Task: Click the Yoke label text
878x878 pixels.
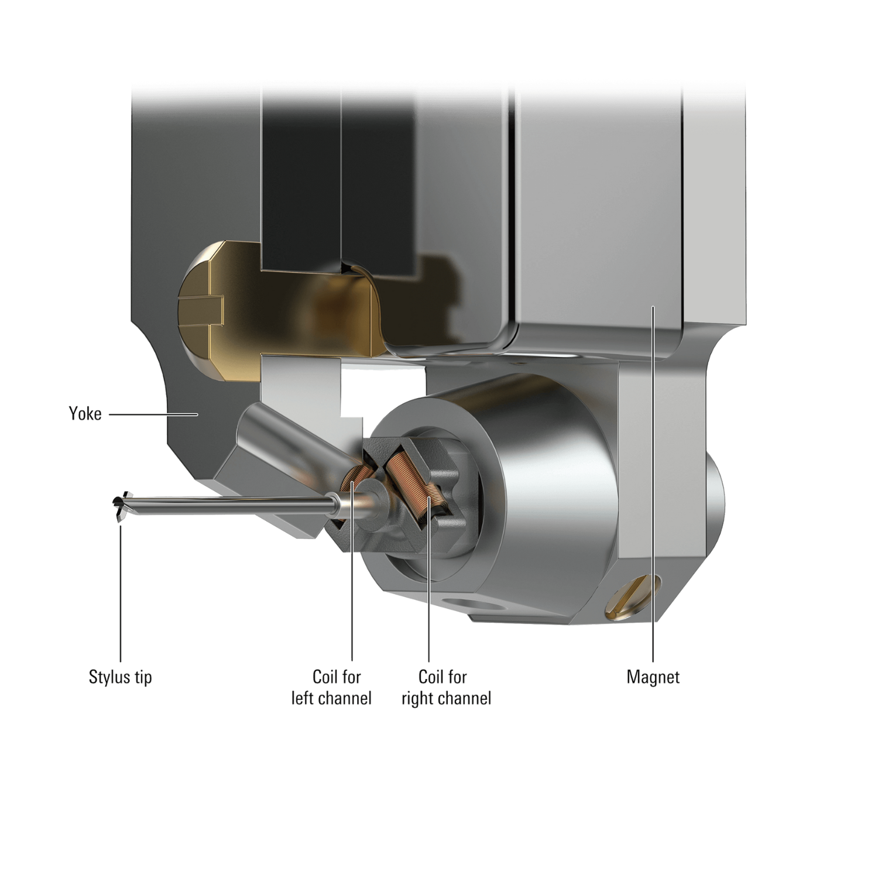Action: pyautogui.click(x=85, y=414)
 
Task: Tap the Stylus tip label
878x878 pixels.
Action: pyautogui.click(x=120, y=677)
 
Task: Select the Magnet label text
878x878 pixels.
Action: pyautogui.click(x=653, y=677)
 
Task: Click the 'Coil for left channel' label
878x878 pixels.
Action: pyautogui.click(x=332, y=687)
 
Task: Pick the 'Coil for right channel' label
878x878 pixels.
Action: pyautogui.click(x=446, y=687)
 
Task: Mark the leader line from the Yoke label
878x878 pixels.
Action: pyautogui.click(x=152, y=414)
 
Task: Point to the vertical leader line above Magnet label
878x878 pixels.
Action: pyautogui.click(x=653, y=498)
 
